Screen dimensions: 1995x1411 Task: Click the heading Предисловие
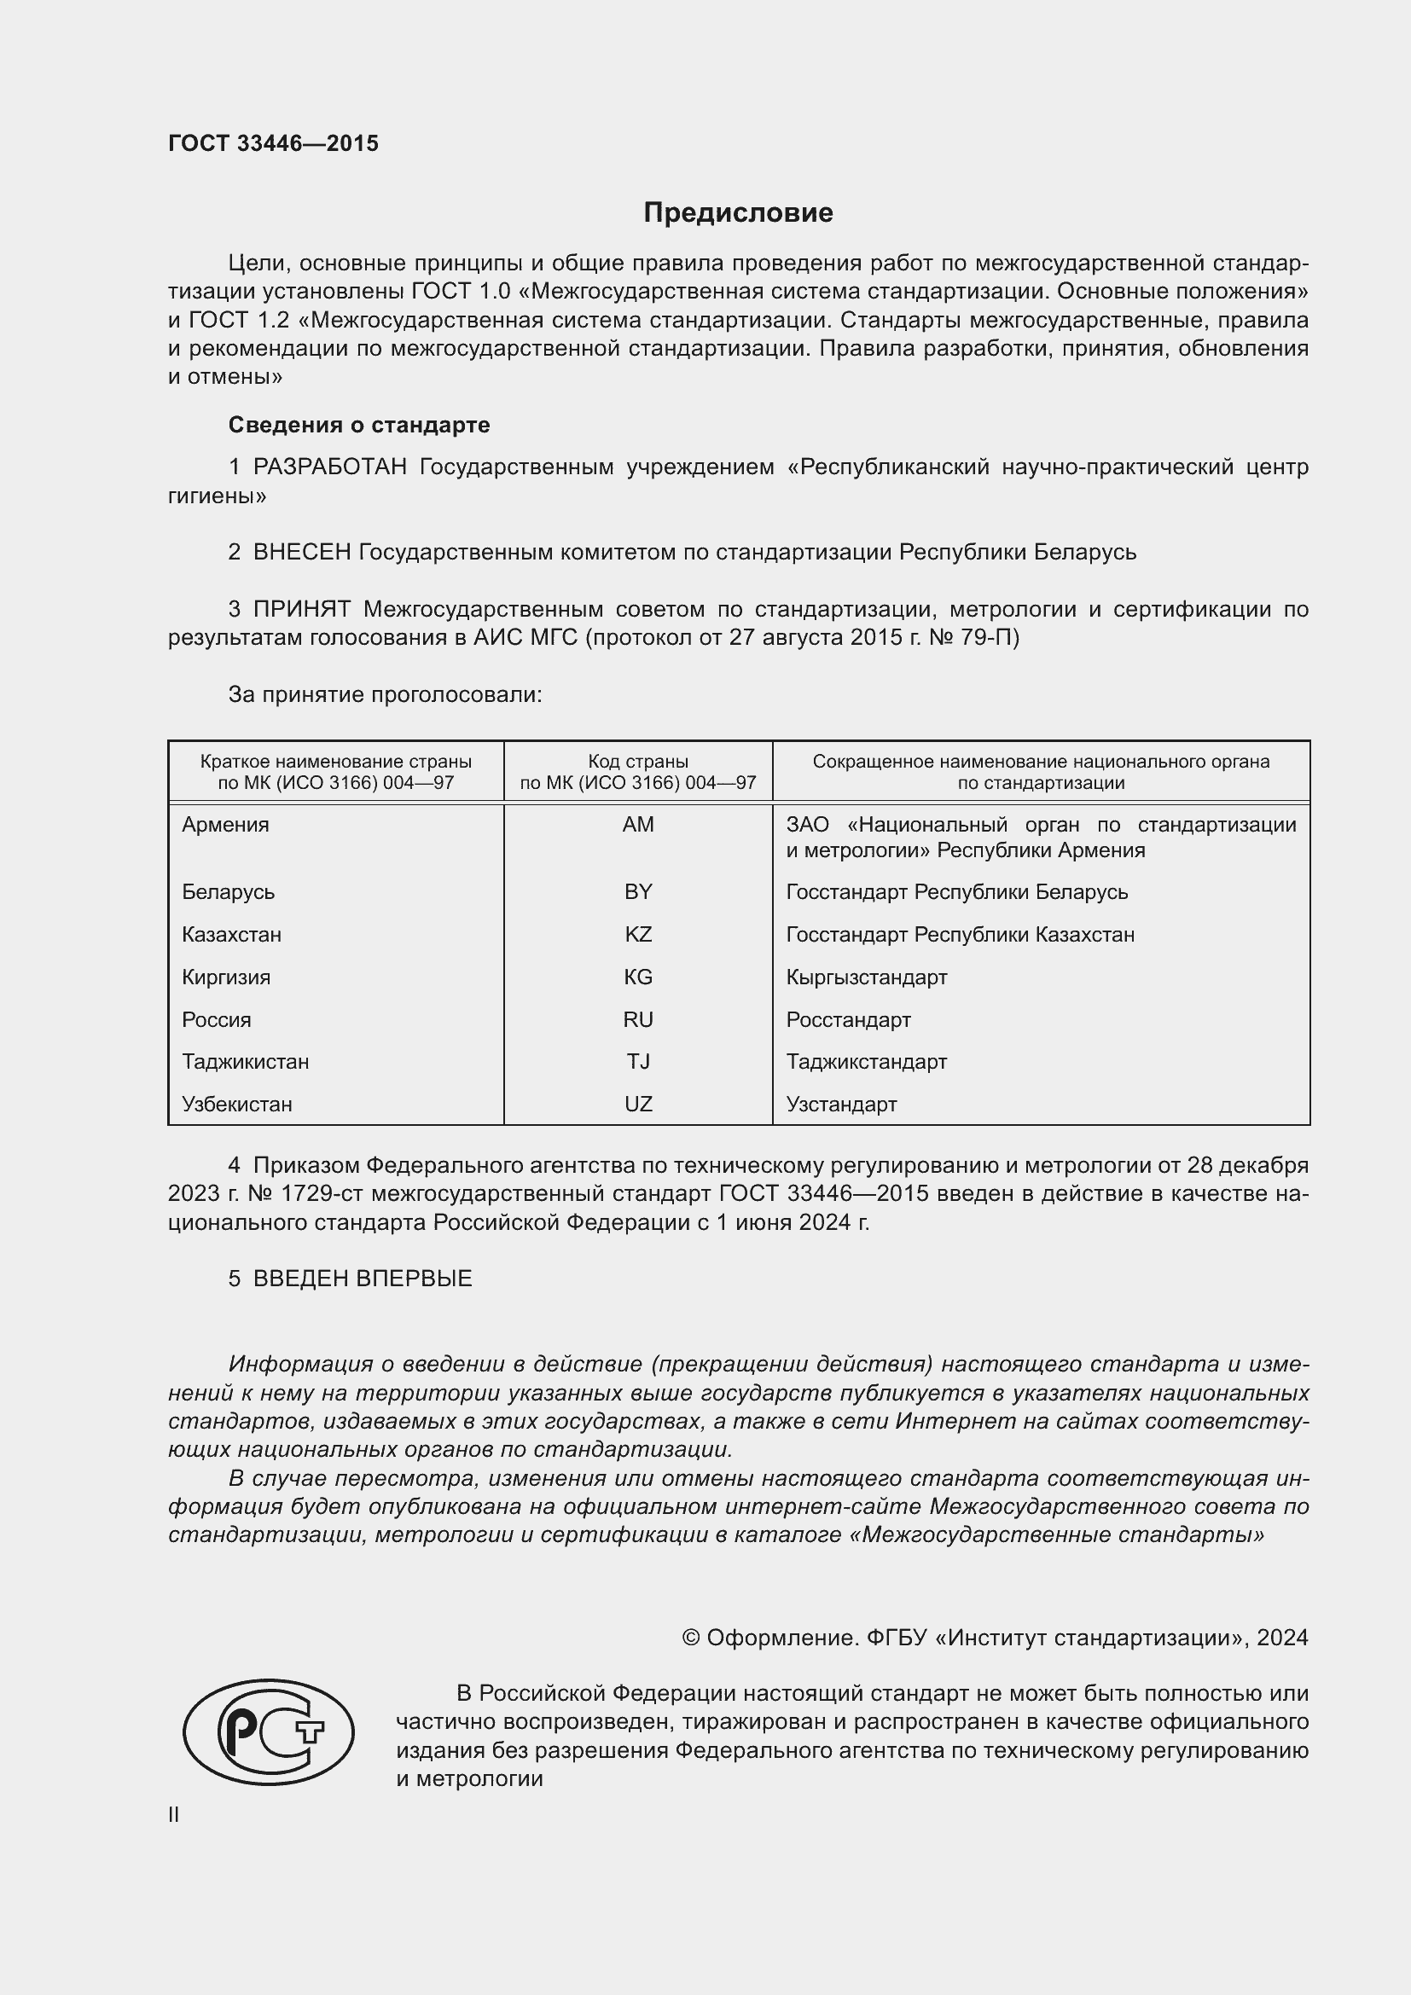738,213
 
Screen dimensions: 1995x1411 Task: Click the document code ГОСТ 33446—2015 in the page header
273,143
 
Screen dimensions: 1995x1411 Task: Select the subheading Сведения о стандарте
359,425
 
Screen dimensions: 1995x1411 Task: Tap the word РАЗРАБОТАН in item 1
329,467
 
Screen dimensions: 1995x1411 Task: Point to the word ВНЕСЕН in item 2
301,553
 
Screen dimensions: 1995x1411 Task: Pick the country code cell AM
638,825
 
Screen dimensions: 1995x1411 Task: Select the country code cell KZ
638,935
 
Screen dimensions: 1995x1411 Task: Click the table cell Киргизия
226,977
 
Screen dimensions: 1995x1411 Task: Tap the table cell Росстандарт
848,1020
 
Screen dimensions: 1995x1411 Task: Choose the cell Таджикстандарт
866,1062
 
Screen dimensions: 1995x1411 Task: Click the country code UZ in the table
638,1105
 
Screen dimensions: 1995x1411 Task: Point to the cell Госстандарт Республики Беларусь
956,892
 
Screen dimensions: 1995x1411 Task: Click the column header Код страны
638,762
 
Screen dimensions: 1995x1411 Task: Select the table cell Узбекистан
236,1105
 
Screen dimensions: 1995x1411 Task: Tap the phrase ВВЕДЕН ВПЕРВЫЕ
363,1279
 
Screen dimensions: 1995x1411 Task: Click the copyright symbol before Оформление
691,1638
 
